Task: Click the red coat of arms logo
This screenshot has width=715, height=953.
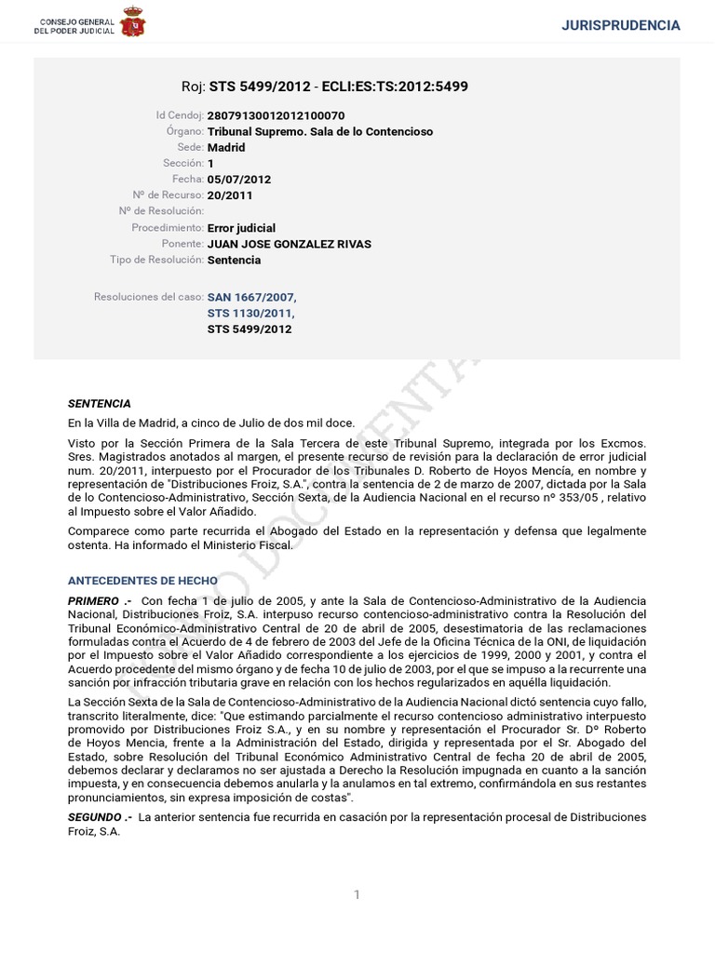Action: point(133,21)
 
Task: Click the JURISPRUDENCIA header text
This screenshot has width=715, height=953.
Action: point(621,25)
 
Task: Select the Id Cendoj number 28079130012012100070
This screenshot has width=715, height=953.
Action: point(276,115)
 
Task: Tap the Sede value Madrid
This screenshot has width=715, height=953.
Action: point(226,148)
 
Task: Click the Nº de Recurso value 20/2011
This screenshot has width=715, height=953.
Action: point(230,195)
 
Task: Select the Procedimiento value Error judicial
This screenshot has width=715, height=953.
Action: point(241,228)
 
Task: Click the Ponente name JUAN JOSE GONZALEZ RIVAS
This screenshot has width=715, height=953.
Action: point(289,244)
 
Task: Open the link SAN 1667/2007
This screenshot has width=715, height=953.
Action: point(251,297)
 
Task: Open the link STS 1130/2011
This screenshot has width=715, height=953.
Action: point(250,313)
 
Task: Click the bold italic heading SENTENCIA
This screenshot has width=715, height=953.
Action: point(100,404)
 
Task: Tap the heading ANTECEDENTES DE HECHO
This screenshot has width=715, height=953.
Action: point(136,581)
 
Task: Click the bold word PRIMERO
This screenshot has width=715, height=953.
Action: point(94,601)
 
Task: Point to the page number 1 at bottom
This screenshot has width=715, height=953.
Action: point(357,895)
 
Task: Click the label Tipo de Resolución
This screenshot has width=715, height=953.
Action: point(155,260)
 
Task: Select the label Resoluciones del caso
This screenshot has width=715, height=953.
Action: point(148,297)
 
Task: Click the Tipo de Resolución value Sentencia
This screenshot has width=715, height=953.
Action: point(234,260)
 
